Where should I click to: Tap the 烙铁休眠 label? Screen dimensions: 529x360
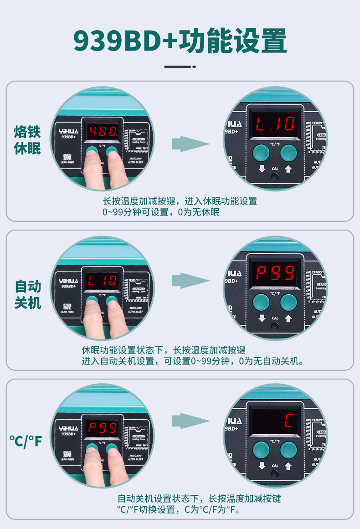click(27, 140)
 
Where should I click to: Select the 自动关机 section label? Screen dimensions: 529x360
click(28, 294)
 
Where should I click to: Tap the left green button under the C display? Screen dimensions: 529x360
click(261, 449)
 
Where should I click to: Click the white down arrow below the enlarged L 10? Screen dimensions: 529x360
click(262, 169)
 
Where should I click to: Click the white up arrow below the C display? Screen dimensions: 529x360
click(288, 466)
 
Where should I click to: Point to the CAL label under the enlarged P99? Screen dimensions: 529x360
click(275, 318)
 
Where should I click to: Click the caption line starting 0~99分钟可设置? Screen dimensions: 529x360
click(161, 212)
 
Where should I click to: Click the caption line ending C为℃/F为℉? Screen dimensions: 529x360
click(178, 509)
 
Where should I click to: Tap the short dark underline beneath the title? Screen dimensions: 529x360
click(180, 67)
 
